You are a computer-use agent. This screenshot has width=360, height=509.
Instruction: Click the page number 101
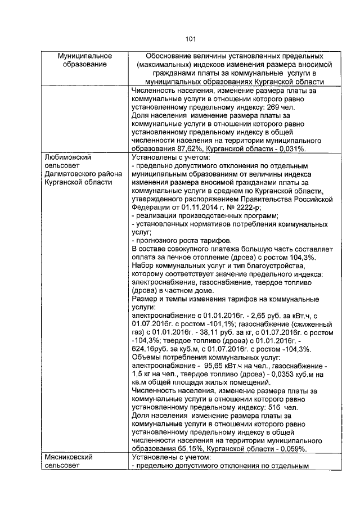tap(190, 39)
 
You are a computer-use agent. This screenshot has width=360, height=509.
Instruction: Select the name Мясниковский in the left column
tap(69, 458)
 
